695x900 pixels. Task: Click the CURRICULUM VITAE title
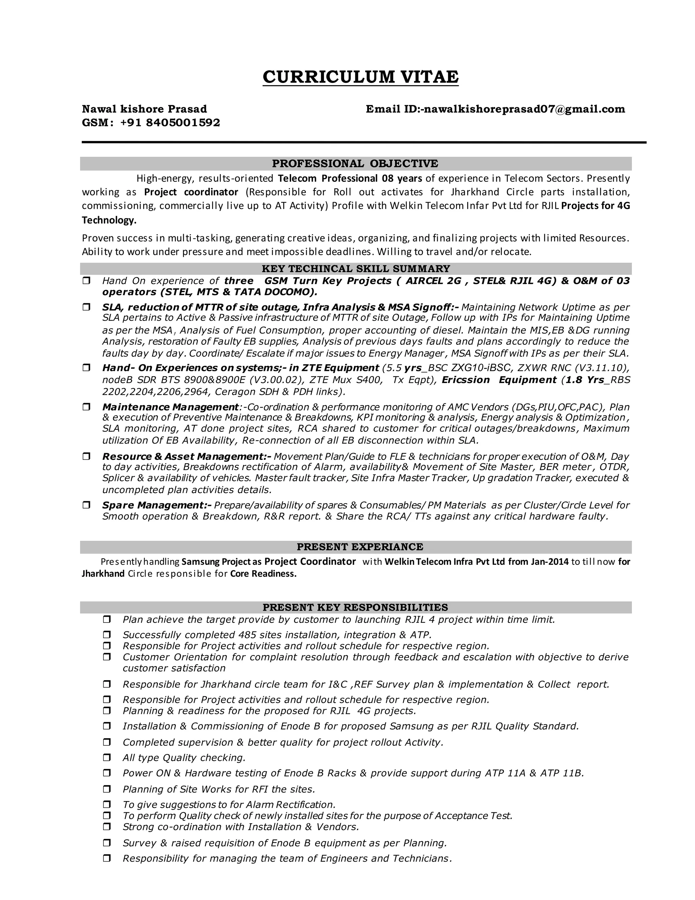click(360, 77)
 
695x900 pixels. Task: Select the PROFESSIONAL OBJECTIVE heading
click(355, 164)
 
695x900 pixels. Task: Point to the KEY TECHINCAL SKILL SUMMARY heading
click(356, 269)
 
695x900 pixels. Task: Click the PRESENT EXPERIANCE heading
click(360, 547)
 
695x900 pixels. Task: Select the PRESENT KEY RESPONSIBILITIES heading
click(355, 608)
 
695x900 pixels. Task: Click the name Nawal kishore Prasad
click(144, 109)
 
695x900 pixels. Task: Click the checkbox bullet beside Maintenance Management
click(87, 407)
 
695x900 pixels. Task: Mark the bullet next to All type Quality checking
click(107, 758)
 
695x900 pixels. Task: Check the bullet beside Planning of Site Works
click(107, 789)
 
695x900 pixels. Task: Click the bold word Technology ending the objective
click(109, 220)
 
